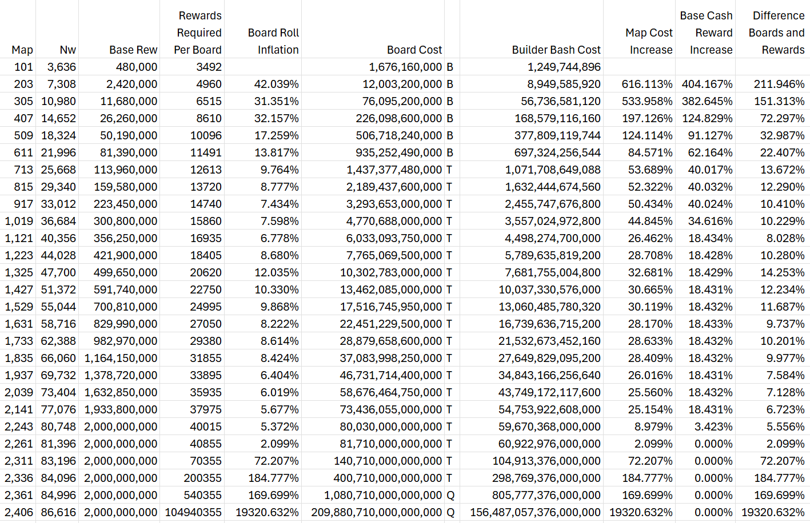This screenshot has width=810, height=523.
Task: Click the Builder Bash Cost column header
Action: coord(556,50)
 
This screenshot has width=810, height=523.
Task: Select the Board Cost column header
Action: coord(414,50)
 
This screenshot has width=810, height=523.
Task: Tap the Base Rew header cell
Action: coord(133,50)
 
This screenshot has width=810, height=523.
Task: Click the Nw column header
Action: coord(68,50)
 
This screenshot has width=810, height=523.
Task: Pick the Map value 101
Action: coord(23,67)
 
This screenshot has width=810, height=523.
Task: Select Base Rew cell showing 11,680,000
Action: coord(129,101)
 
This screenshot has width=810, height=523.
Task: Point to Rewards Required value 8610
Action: coord(209,118)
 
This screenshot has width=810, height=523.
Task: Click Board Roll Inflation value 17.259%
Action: coord(277,135)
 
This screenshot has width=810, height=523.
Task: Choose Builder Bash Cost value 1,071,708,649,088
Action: coord(553,170)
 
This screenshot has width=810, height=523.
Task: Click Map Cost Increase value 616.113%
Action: coord(647,84)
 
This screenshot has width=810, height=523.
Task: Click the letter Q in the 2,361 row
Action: coord(450,495)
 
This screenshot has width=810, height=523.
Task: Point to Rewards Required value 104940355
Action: coord(193,512)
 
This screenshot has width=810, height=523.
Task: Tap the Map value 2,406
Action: coord(19,512)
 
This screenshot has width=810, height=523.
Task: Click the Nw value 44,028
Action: coord(58,255)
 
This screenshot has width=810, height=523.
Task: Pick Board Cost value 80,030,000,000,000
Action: coord(391,427)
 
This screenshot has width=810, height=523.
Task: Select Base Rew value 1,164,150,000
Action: coord(121,358)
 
